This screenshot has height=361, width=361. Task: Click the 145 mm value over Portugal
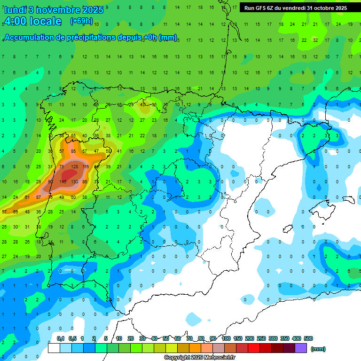(x=63, y=182)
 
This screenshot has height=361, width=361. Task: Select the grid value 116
(x=85, y=167)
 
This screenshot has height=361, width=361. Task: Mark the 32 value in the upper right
(x=315, y=40)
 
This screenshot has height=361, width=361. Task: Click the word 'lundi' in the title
(x=15, y=9)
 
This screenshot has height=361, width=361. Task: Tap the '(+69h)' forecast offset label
(x=81, y=21)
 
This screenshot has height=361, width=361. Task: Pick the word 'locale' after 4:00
(x=45, y=21)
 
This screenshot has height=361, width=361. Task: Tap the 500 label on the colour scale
(x=308, y=339)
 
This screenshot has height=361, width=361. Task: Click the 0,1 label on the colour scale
(x=60, y=339)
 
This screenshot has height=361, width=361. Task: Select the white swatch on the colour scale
(x=54, y=348)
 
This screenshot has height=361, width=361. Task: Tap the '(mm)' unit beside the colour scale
(x=318, y=349)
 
